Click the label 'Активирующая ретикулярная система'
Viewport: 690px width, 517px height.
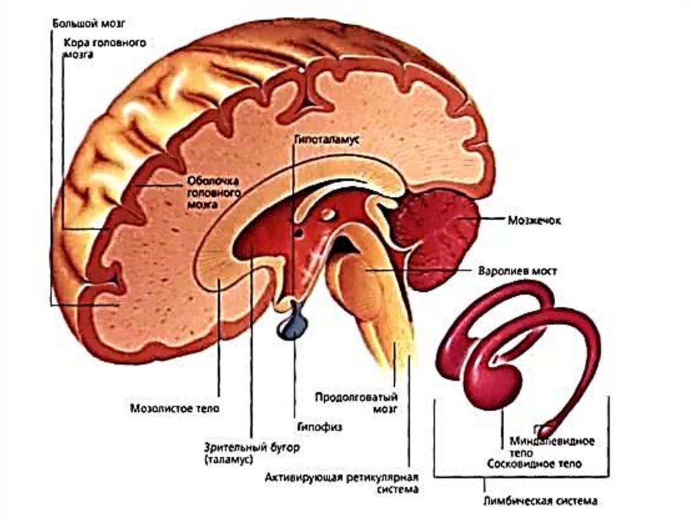coord(342,484)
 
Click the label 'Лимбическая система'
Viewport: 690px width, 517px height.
coord(540,501)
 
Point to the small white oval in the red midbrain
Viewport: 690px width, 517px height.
coord(328,214)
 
